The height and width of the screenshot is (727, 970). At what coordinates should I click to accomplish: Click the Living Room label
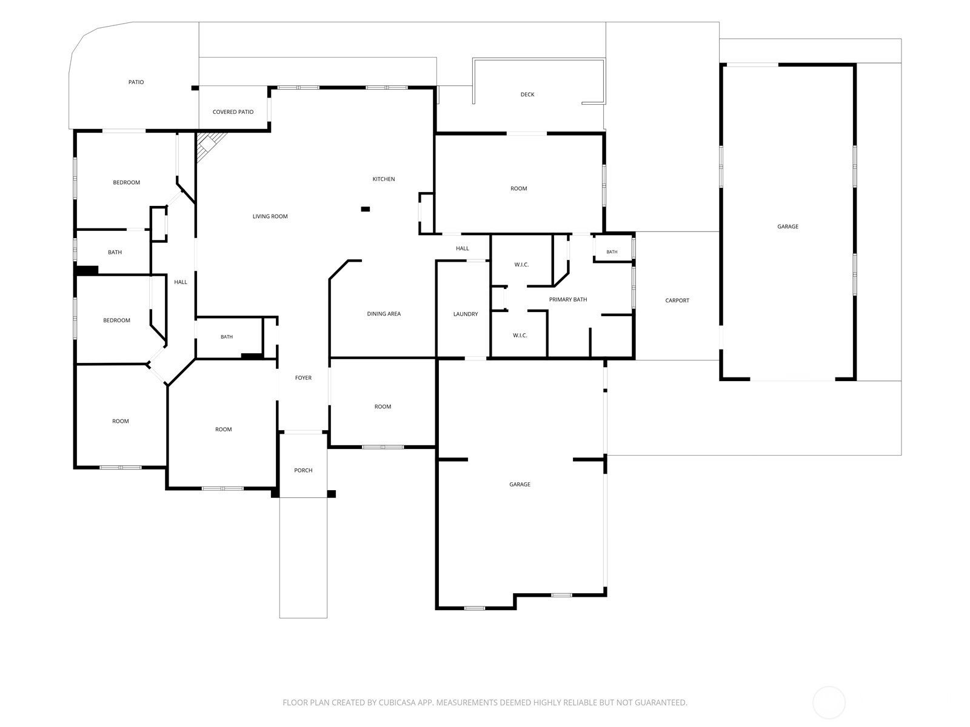pyautogui.click(x=270, y=216)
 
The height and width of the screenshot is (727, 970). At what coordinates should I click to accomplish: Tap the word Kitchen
pyautogui.click(x=383, y=179)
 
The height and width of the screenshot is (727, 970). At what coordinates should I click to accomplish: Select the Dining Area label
pyautogui.click(x=384, y=314)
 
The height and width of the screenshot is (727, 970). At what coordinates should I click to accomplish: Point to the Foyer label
pyautogui.click(x=303, y=378)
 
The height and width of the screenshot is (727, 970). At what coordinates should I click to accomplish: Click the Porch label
pyautogui.click(x=303, y=471)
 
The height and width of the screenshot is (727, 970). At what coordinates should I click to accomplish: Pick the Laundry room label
pyautogui.click(x=466, y=314)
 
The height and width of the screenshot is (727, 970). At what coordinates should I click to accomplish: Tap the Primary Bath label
pyautogui.click(x=568, y=300)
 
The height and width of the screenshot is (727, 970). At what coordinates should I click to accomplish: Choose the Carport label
pyautogui.click(x=677, y=300)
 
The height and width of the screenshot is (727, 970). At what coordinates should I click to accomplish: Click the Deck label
pyautogui.click(x=527, y=95)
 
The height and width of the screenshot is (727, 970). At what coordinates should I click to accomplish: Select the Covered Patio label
pyautogui.click(x=233, y=112)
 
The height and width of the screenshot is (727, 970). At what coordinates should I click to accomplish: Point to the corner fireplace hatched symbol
pyautogui.click(x=209, y=145)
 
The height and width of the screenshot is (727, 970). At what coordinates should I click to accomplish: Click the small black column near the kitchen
pyautogui.click(x=366, y=209)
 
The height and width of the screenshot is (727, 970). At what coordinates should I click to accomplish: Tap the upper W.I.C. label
pyautogui.click(x=521, y=265)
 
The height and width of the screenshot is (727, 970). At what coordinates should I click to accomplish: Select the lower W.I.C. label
pyautogui.click(x=520, y=336)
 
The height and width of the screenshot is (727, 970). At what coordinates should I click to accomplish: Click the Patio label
pyautogui.click(x=136, y=82)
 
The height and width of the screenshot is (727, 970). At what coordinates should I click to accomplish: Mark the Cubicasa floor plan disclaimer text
pyautogui.click(x=485, y=702)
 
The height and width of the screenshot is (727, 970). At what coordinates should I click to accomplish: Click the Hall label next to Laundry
pyautogui.click(x=462, y=248)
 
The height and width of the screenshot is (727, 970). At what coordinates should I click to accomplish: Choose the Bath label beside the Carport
pyautogui.click(x=612, y=252)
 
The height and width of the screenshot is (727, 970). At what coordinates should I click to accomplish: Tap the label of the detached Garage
pyautogui.click(x=788, y=227)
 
